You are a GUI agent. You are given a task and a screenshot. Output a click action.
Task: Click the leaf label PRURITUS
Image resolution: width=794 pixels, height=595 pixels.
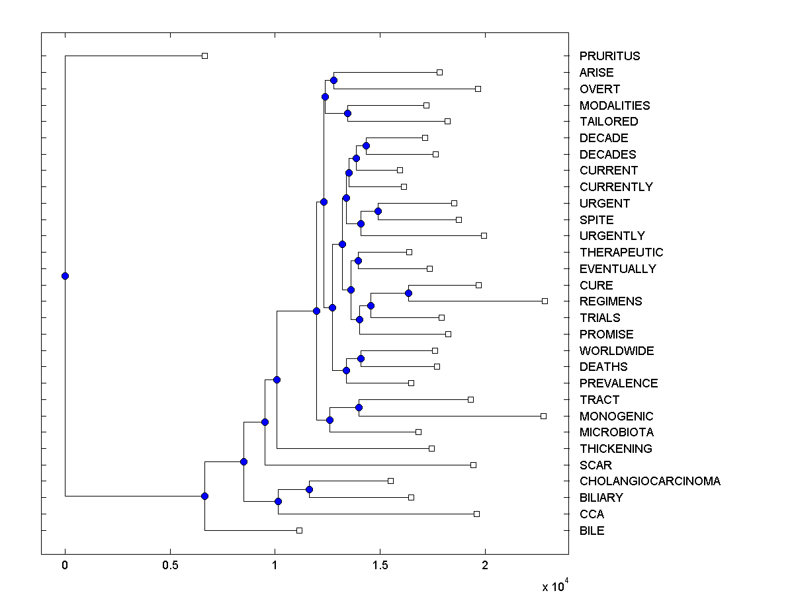(x=609, y=56)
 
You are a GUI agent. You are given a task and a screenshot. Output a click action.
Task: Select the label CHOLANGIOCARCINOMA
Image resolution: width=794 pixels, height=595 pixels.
(x=650, y=481)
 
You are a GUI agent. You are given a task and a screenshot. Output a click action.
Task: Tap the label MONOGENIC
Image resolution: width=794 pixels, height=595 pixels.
(x=616, y=416)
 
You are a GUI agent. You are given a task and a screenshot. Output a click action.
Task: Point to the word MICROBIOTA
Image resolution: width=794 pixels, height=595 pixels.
(x=616, y=432)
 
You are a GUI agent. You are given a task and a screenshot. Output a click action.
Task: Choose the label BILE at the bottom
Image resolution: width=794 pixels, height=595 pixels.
(x=592, y=531)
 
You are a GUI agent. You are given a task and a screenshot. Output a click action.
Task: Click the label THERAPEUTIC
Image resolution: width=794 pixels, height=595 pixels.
(x=621, y=253)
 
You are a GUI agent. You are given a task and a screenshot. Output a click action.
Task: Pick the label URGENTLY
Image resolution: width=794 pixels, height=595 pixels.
(x=612, y=236)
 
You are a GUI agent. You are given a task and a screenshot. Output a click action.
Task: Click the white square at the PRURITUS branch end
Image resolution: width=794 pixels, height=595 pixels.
(x=204, y=56)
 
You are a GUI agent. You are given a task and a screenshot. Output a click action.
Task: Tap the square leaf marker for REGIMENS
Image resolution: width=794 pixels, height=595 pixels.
(x=545, y=301)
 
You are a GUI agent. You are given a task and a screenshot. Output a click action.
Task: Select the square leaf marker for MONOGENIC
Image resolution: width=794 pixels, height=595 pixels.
(x=543, y=416)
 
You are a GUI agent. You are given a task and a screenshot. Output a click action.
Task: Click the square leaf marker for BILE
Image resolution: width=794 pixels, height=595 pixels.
(x=299, y=530)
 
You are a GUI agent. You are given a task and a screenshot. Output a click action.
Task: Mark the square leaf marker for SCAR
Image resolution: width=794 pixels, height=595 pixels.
(x=473, y=465)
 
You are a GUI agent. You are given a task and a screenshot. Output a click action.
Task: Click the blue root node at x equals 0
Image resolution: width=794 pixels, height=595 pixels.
(x=65, y=276)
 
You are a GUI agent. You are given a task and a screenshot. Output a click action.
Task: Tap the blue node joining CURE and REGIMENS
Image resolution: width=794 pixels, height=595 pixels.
(x=409, y=293)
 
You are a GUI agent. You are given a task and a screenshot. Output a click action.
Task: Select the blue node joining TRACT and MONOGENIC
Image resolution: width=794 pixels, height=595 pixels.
(x=359, y=407)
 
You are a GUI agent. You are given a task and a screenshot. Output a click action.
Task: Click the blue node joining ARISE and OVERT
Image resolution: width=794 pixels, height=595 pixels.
(x=333, y=80)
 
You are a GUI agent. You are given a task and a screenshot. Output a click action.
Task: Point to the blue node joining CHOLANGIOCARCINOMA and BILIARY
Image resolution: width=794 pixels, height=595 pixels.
(x=309, y=489)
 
